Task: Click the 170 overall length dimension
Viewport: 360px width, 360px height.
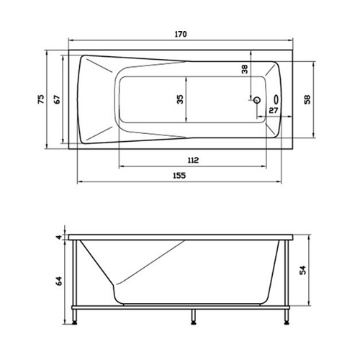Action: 181,35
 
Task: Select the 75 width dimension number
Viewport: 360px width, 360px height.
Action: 41,99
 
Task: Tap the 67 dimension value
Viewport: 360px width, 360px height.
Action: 57,99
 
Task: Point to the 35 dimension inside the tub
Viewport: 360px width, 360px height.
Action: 180,99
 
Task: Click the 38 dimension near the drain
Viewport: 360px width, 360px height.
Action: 244,69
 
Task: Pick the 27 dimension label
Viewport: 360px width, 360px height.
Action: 274,110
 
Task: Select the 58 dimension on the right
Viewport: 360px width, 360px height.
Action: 307,99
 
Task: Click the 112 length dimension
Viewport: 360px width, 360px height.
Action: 193,160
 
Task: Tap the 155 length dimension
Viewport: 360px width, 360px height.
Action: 179,176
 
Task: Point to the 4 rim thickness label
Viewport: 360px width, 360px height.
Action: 59,238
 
